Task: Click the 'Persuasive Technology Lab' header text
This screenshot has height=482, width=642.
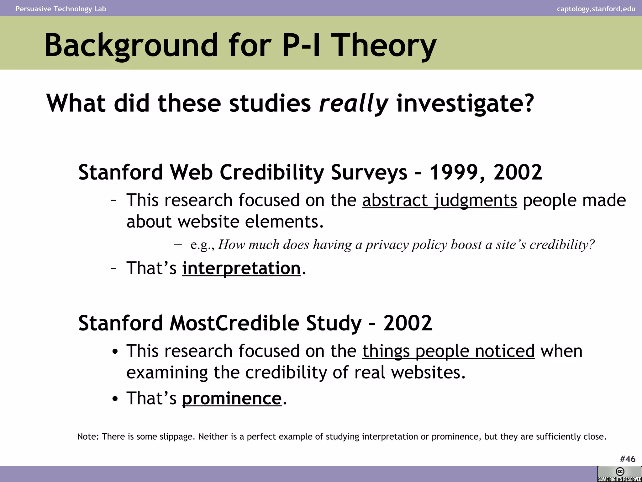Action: [x=61, y=9]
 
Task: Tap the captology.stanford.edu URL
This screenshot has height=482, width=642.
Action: [x=596, y=9]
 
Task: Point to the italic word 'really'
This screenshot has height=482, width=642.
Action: [x=353, y=103]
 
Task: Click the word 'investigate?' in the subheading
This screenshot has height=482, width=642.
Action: [x=465, y=103]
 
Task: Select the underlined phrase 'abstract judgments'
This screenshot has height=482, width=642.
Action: [x=439, y=200]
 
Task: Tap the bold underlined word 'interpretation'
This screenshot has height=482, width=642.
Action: [x=241, y=268]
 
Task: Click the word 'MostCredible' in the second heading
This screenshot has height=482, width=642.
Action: [x=234, y=323]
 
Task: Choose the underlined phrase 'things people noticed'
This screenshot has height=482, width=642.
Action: [x=448, y=351]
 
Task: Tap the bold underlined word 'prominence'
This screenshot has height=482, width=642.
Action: [x=232, y=399]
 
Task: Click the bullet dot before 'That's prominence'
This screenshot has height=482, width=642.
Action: [x=115, y=399]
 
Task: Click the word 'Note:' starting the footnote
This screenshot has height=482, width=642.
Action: [x=88, y=436]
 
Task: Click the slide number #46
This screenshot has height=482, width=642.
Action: [x=627, y=459]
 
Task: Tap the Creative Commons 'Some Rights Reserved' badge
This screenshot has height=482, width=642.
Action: [x=619, y=474]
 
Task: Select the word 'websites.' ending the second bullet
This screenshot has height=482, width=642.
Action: [x=428, y=372]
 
